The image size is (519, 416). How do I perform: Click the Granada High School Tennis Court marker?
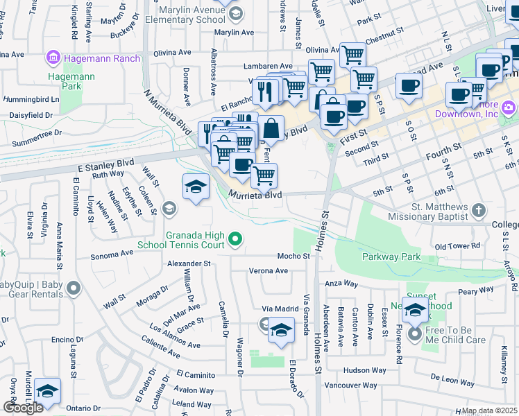point(236,240)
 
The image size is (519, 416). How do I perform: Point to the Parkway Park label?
point(391,257)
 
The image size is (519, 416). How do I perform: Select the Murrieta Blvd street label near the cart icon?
point(255,196)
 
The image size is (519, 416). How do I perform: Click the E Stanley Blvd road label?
point(86,165)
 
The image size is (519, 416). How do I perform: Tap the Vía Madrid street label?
point(280,309)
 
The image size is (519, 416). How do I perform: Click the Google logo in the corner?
point(22,408)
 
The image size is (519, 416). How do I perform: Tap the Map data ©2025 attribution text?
point(489,410)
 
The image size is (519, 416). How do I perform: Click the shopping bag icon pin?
point(271,128)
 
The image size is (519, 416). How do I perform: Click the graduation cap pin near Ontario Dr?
point(47,391)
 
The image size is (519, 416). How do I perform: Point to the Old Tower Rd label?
point(457,246)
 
